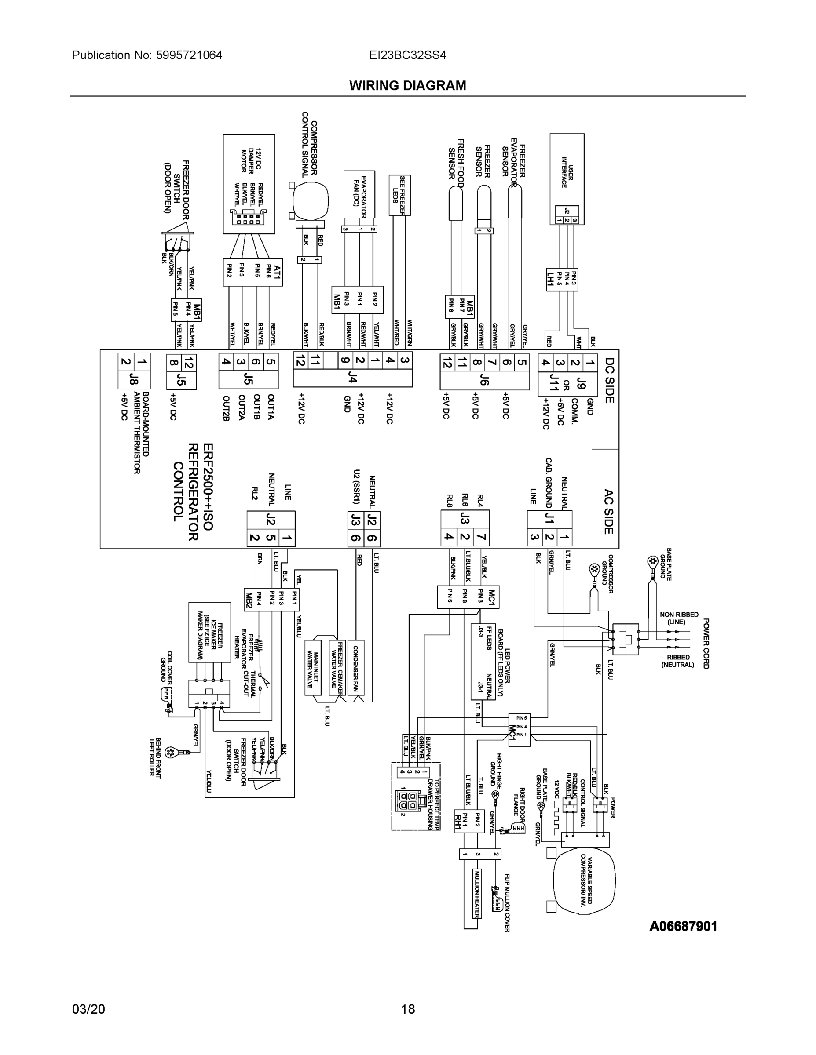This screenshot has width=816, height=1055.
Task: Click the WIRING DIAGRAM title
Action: click(x=407, y=86)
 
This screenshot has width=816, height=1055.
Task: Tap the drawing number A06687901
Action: click(x=683, y=927)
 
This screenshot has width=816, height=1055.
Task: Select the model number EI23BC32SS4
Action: click(x=407, y=55)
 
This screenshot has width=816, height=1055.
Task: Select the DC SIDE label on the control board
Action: click(x=610, y=380)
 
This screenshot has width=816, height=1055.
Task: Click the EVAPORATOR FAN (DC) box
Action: click(x=359, y=194)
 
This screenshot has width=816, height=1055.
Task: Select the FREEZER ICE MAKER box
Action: click(x=209, y=632)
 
